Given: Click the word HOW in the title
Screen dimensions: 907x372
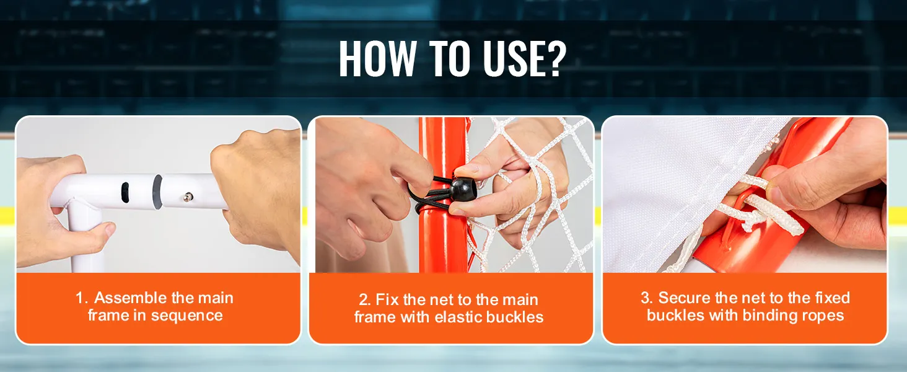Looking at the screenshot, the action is click(377, 58).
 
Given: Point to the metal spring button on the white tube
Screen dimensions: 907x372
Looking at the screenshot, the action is click(188, 197).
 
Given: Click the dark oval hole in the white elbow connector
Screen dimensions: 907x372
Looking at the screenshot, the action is click(125, 192).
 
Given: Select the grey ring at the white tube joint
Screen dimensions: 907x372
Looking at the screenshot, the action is click(157, 192).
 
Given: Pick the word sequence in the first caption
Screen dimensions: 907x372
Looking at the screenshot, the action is click(186, 316).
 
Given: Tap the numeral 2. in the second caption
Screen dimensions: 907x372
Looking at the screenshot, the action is click(365, 300).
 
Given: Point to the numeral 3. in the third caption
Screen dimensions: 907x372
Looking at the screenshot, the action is click(647, 298).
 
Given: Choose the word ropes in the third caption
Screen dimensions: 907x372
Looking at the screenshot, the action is click(824, 316).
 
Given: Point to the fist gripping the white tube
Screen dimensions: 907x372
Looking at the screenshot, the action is click(259, 190).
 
